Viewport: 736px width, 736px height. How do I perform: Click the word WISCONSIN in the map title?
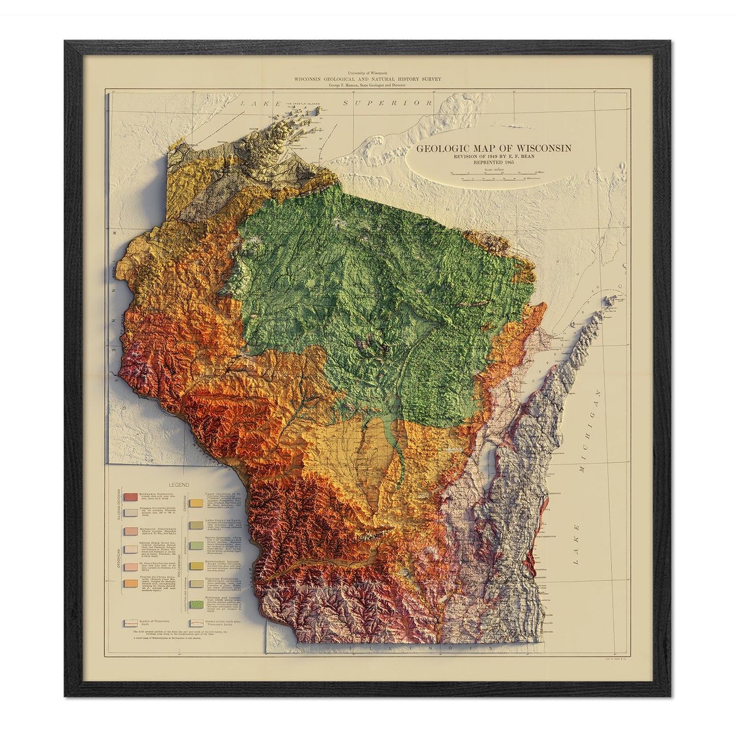543,149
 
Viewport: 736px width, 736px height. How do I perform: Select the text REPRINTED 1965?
494,162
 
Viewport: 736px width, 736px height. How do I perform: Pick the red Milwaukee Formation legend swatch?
130,496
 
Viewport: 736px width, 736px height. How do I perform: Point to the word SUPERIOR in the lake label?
388,103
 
